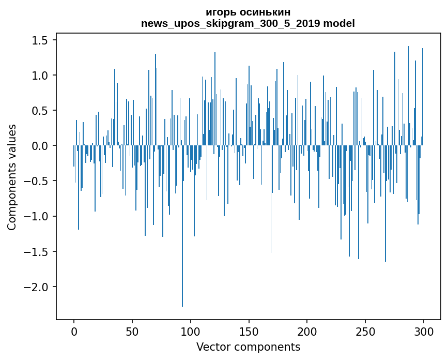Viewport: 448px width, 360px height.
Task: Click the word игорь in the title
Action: click(x=219, y=12)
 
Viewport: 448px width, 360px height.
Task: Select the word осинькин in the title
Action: click(x=261, y=12)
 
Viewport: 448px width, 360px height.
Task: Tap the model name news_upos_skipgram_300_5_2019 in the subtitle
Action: click(x=234, y=23)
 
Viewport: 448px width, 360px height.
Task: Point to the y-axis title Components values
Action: click(x=12, y=176)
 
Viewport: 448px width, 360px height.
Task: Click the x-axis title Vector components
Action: click(x=248, y=347)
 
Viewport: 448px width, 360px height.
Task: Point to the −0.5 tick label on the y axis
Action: click(x=38, y=181)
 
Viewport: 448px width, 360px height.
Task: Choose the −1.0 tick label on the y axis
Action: click(x=38, y=216)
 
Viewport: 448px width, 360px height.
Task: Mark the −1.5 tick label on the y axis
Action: click(x=38, y=252)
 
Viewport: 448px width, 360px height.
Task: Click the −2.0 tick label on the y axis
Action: click(x=38, y=287)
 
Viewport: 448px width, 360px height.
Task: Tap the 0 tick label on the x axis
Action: click(x=74, y=331)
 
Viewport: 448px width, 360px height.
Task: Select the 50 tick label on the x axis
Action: click(x=132, y=331)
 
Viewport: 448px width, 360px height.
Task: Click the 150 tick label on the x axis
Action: click(x=249, y=331)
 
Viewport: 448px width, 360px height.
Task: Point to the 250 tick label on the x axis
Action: click(x=365, y=331)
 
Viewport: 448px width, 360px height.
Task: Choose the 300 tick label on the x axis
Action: click(x=424, y=331)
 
